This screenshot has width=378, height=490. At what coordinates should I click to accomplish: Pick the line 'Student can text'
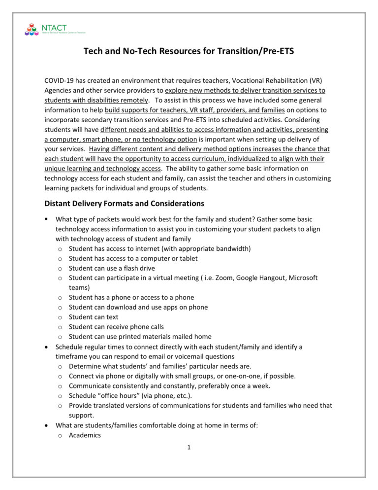94,317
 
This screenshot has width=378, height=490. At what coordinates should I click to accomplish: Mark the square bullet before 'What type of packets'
47,219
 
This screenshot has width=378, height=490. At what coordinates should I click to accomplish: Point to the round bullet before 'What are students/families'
47,425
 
